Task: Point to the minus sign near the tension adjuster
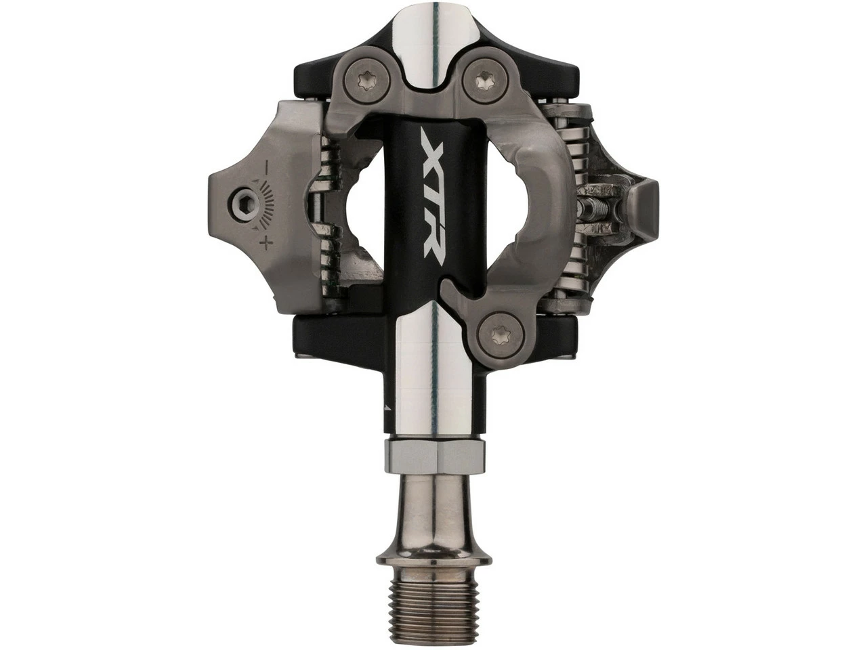[x=266, y=165]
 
